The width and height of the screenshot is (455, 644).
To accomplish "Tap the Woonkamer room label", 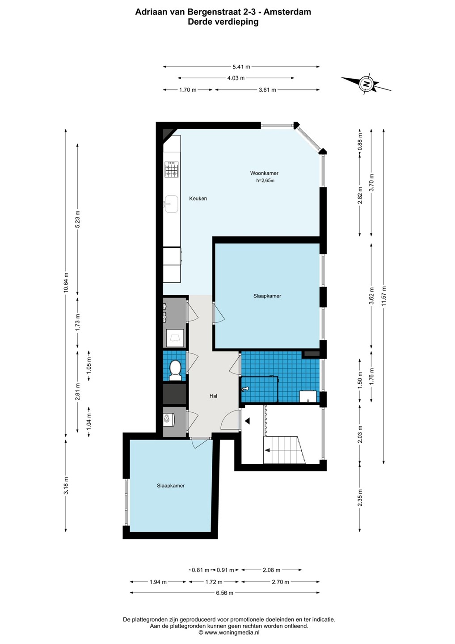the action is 264,173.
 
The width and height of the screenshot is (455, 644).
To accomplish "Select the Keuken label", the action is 198,199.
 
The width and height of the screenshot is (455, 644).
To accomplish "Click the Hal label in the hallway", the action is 213,396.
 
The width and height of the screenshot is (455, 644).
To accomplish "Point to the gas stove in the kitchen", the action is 172,169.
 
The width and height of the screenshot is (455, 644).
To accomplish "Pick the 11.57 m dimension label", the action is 384,297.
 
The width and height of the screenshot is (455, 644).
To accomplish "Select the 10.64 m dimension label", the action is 66,282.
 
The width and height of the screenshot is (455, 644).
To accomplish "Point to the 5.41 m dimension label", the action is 241,67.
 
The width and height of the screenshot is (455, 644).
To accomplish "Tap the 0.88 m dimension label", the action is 360,141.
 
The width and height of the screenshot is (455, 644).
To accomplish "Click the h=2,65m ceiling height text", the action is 265,181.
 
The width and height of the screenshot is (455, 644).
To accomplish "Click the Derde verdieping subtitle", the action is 223,22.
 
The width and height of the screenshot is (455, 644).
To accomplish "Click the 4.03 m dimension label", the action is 236,78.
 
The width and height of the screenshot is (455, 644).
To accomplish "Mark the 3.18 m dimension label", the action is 66,486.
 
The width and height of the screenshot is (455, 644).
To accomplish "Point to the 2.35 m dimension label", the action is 360,498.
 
